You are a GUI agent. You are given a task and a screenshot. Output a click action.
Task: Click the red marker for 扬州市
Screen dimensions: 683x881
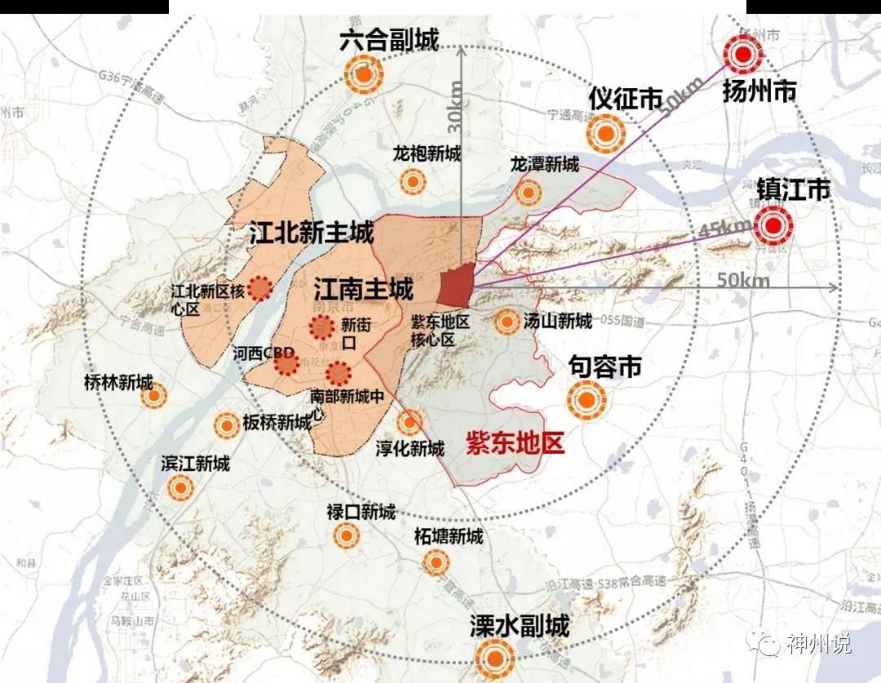[743, 56]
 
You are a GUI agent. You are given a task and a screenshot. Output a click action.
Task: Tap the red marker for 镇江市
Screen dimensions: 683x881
[773, 225]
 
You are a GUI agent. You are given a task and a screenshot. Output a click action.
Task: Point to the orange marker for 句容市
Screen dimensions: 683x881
[586, 400]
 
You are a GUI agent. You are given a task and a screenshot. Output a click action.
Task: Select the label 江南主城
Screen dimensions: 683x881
[363, 287]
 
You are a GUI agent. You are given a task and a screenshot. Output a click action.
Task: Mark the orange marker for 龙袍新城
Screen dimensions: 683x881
[414, 182]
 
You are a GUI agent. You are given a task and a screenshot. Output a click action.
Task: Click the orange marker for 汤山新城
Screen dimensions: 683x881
[507, 322]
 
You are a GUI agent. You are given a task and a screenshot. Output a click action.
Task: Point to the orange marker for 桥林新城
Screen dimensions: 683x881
[153, 397]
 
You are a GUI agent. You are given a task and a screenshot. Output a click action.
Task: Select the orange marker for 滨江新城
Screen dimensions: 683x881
[179, 488]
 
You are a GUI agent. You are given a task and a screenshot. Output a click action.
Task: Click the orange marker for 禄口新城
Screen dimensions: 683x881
[347, 535]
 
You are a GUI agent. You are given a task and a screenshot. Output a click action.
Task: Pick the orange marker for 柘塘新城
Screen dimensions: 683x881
[436, 561]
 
